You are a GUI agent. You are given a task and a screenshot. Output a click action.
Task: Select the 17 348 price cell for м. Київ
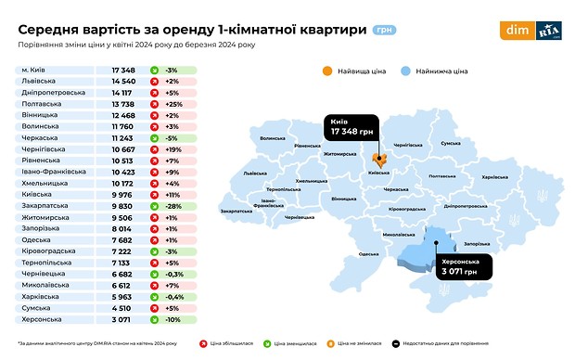[x=123, y=71]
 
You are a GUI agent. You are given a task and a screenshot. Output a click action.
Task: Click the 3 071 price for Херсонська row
[x=123, y=318]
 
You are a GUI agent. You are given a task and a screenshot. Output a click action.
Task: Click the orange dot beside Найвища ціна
[x=326, y=71]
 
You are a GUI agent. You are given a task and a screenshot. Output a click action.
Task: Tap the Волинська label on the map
[x=273, y=138]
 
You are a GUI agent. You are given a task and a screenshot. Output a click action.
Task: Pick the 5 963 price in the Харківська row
[x=123, y=297]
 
